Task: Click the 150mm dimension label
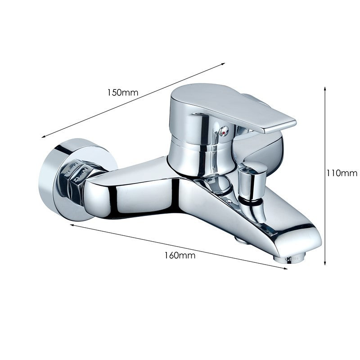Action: point(123,93)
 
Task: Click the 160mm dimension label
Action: point(180,255)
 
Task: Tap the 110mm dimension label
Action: point(342,173)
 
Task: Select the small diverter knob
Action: point(252,181)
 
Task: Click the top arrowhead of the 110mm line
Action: point(324,88)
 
